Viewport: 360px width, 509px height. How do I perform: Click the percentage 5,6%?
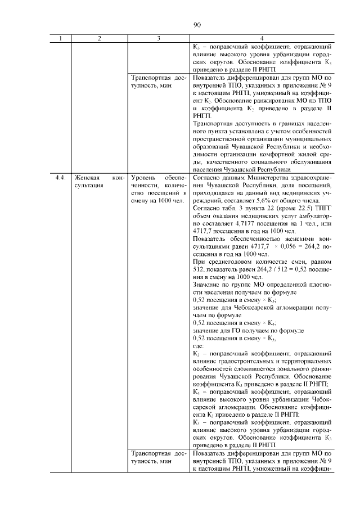[262, 200]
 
